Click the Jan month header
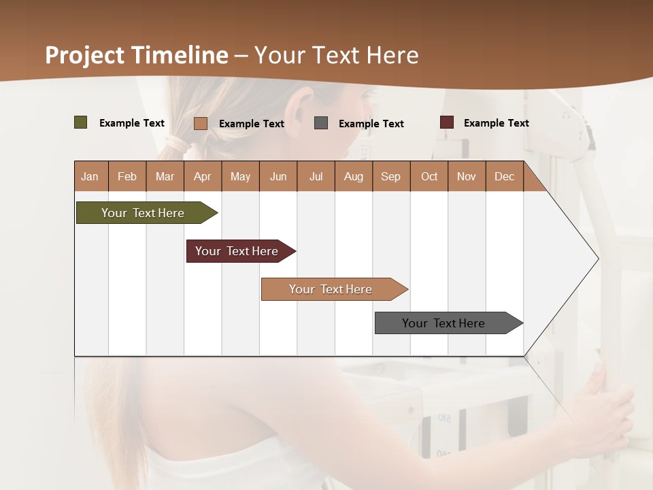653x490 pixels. pyautogui.click(x=90, y=176)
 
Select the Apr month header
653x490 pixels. pyautogui.click(x=203, y=176)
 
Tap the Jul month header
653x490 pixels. pyautogui.click(x=316, y=176)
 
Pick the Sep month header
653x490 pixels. pyautogui.click(x=390, y=176)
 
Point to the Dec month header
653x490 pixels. pyautogui.click(x=504, y=176)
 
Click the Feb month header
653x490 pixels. pyautogui.click(x=127, y=176)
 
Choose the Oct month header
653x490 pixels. pyautogui.click(x=429, y=176)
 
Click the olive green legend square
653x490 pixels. pyautogui.click(x=80, y=122)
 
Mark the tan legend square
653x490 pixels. pyautogui.click(x=200, y=123)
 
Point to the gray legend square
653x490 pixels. pyautogui.click(x=321, y=122)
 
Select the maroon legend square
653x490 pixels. pyautogui.click(x=446, y=122)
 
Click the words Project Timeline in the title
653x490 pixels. pyautogui.click(x=137, y=55)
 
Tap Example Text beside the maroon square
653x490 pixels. pyautogui.click(x=496, y=123)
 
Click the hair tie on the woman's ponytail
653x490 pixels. pyautogui.click(x=178, y=144)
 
